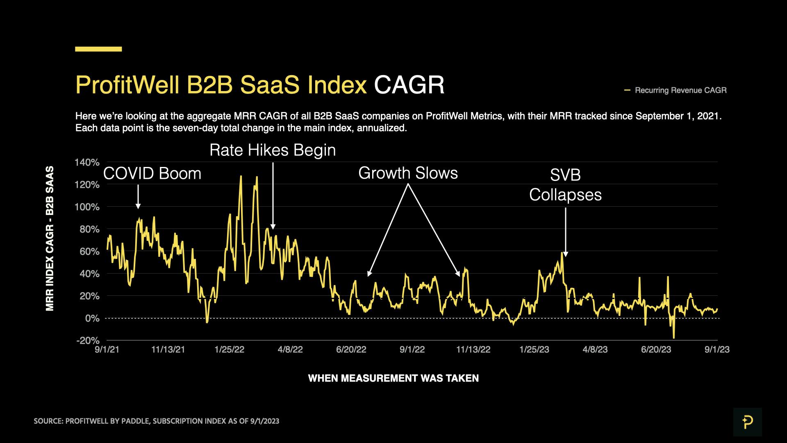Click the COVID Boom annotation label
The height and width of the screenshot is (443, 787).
[152, 174]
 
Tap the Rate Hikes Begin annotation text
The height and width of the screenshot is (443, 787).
[273, 150]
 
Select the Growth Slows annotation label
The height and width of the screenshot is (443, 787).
[408, 173]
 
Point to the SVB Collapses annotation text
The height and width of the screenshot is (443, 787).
[565, 185]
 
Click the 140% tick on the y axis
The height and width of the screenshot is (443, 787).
[87, 162]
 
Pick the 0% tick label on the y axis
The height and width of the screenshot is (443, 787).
[92, 318]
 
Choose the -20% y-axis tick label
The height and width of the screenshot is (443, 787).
[88, 340]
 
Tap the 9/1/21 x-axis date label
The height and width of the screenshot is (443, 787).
[107, 349]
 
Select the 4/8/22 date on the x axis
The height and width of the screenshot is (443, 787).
[290, 349]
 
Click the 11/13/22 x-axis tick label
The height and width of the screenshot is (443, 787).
[473, 349]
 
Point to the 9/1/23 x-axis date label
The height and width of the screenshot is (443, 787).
[717, 349]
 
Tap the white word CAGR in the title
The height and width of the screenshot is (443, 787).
[409, 85]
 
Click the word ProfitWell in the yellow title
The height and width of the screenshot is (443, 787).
[127, 85]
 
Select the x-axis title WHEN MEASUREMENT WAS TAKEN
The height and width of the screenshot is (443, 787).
[393, 378]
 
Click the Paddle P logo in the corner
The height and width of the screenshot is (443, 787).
[747, 422]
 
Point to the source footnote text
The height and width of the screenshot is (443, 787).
[156, 421]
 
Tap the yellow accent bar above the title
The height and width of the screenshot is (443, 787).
[98, 49]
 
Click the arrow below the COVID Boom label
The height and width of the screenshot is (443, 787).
[138, 196]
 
